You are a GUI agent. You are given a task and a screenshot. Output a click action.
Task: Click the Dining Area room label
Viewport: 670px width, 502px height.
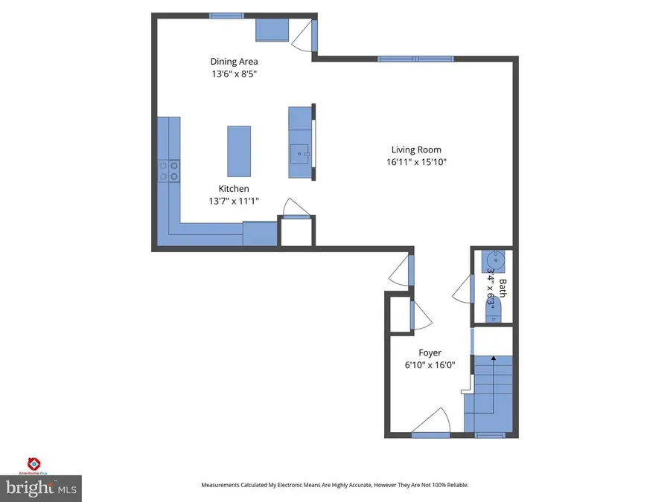point(233,62)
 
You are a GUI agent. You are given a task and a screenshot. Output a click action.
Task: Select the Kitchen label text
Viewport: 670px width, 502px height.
point(233,189)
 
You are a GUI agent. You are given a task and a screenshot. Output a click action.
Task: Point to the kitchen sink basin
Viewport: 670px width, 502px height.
point(301,155)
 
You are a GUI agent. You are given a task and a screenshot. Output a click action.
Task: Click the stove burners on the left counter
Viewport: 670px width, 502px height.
point(168,172)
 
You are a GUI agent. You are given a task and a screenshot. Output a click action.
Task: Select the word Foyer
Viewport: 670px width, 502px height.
point(430,353)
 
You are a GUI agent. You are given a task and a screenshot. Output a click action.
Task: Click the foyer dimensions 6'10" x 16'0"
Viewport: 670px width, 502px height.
point(430,365)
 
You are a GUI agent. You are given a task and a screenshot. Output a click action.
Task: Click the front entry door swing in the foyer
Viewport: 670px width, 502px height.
point(431,422)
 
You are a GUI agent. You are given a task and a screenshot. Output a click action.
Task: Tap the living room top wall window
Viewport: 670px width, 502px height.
point(415,59)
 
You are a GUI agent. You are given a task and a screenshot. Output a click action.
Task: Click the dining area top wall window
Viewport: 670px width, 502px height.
point(226,16)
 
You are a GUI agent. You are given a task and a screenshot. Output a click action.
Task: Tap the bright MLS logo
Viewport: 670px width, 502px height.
point(41,488)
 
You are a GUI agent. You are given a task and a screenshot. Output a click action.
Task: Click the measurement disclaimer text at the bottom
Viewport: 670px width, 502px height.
point(334,485)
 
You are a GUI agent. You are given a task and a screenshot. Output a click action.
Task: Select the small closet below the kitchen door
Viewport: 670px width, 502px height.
point(296,232)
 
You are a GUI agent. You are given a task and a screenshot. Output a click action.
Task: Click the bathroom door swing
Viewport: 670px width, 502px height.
point(462,289)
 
